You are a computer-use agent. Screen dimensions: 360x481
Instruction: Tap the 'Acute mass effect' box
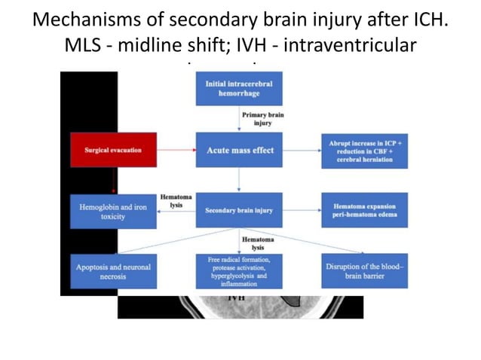[x=239, y=150]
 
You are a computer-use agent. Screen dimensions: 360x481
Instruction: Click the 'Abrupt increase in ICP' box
[x=364, y=150]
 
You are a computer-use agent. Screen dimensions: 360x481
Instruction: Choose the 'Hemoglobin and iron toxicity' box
[x=113, y=210]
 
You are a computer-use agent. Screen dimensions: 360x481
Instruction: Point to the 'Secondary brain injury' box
[x=239, y=210]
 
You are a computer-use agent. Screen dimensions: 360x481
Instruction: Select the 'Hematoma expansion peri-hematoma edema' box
[x=364, y=210]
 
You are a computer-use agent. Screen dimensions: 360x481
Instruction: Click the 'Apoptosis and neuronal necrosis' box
[x=113, y=271]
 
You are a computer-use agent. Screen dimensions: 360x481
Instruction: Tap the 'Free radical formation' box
[x=239, y=271]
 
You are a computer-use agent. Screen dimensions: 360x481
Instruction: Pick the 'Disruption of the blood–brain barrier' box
[x=364, y=271]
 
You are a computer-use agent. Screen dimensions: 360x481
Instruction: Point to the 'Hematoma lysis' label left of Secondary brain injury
[x=176, y=200]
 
